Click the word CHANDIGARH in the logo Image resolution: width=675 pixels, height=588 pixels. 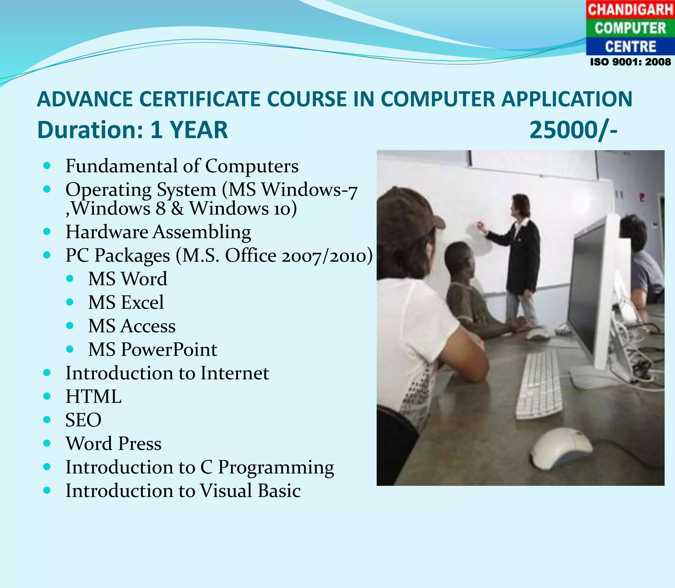630,10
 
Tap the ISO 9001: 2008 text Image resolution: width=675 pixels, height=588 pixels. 630,62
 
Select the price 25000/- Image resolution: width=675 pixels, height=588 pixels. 573,130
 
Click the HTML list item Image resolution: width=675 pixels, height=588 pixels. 93,396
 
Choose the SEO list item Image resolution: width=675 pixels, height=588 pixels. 83,420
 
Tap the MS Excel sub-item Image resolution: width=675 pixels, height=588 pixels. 126,302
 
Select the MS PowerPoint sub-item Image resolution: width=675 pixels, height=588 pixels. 152,349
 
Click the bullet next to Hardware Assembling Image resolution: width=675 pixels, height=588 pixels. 47,231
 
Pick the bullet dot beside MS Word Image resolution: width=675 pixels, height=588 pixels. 70,279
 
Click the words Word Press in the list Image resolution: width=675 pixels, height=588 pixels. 113,443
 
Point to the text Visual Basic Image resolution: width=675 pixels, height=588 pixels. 250,491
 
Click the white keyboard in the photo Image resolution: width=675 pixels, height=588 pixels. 539,384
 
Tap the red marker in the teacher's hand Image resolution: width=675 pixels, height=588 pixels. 480,225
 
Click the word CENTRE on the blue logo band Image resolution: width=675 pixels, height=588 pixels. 630,46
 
